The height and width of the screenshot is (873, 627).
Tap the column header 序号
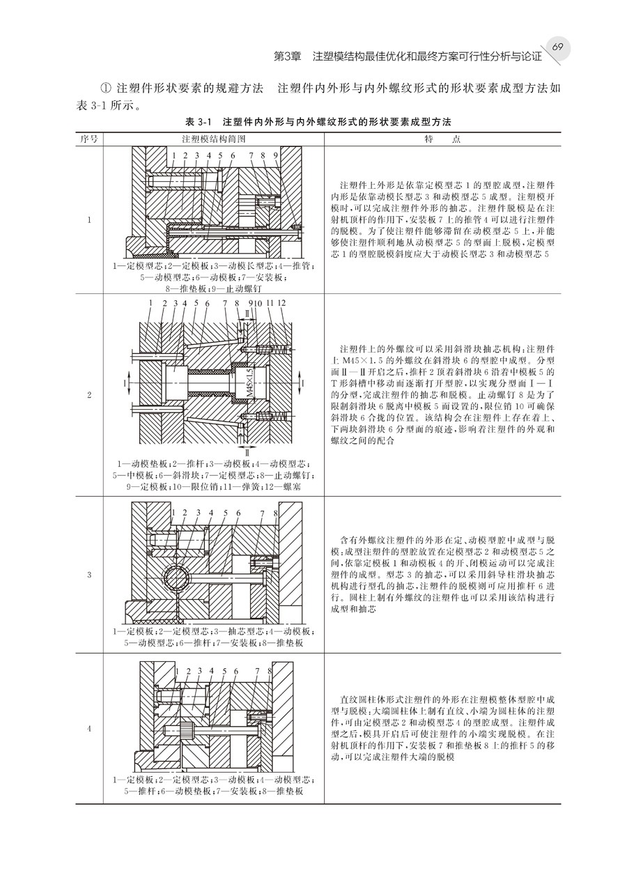click(x=89, y=139)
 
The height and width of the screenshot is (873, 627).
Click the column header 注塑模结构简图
click(x=213, y=139)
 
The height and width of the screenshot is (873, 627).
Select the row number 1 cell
click(x=89, y=221)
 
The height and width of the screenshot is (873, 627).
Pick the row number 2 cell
click(x=89, y=395)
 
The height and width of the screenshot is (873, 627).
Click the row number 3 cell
click(x=89, y=575)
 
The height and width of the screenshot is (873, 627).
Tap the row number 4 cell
click(x=89, y=729)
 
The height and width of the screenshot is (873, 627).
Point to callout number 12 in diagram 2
click(x=281, y=303)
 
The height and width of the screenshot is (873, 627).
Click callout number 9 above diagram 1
click(x=276, y=155)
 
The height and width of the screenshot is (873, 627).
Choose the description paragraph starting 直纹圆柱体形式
click(x=443, y=727)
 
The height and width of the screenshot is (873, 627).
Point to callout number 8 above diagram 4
click(x=269, y=670)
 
